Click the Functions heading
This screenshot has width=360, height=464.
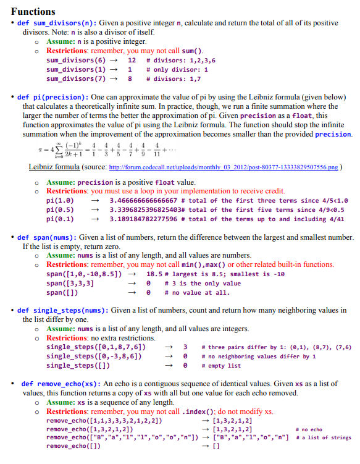pyautogui.click(x=33, y=11)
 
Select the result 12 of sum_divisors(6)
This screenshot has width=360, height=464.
pyautogui.click(x=132, y=61)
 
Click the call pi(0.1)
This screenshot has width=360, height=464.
pyautogui.click(x=60, y=219)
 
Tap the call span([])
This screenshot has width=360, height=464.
pyautogui.click(x=62, y=292)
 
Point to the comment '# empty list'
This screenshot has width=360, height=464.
pyautogui.click(x=225, y=366)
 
